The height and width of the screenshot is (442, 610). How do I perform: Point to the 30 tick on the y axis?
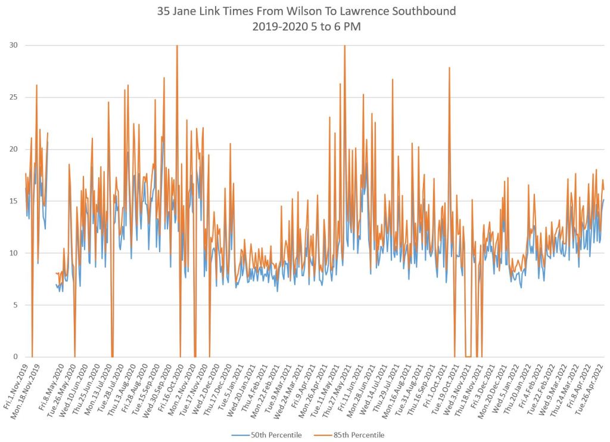click(x=13, y=45)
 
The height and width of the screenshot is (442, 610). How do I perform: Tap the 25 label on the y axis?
click(x=13, y=97)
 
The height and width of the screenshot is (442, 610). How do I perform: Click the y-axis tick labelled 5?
click(x=15, y=305)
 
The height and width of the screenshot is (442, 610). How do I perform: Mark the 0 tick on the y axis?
click(x=15, y=357)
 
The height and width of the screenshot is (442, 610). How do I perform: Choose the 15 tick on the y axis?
click(x=13, y=201)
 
